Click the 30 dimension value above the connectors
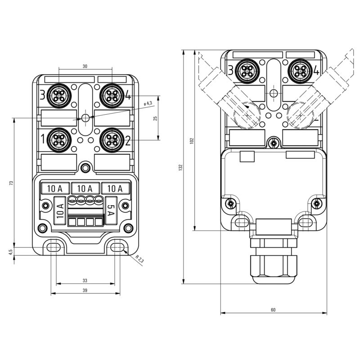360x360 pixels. (85, 66)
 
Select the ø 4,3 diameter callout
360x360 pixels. (147, 104)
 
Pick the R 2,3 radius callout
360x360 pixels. (139, 259)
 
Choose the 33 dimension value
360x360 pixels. (85, 280)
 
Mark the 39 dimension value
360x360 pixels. (85, 290)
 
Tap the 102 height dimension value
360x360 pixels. (192, 140)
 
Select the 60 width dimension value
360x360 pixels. (273, 310)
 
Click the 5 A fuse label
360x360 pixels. (111, 211)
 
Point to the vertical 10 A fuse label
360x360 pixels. (59, 211)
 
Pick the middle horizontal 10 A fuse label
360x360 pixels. (85, 188)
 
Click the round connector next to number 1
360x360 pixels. (59, 139)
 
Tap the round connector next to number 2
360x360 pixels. (110, 139)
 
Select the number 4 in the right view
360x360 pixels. (316, 70)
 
